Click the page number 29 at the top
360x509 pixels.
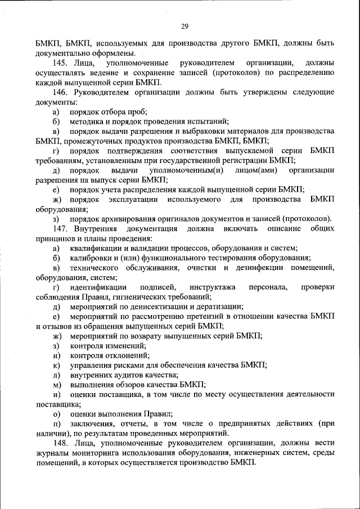point(184,26)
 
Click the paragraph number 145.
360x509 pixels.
point(60,62)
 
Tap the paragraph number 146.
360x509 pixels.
point(60,92)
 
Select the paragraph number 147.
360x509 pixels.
point(60,228)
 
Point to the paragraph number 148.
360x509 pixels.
point(60,444)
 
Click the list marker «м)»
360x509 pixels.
point(56,385)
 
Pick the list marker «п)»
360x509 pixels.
point(56,424)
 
